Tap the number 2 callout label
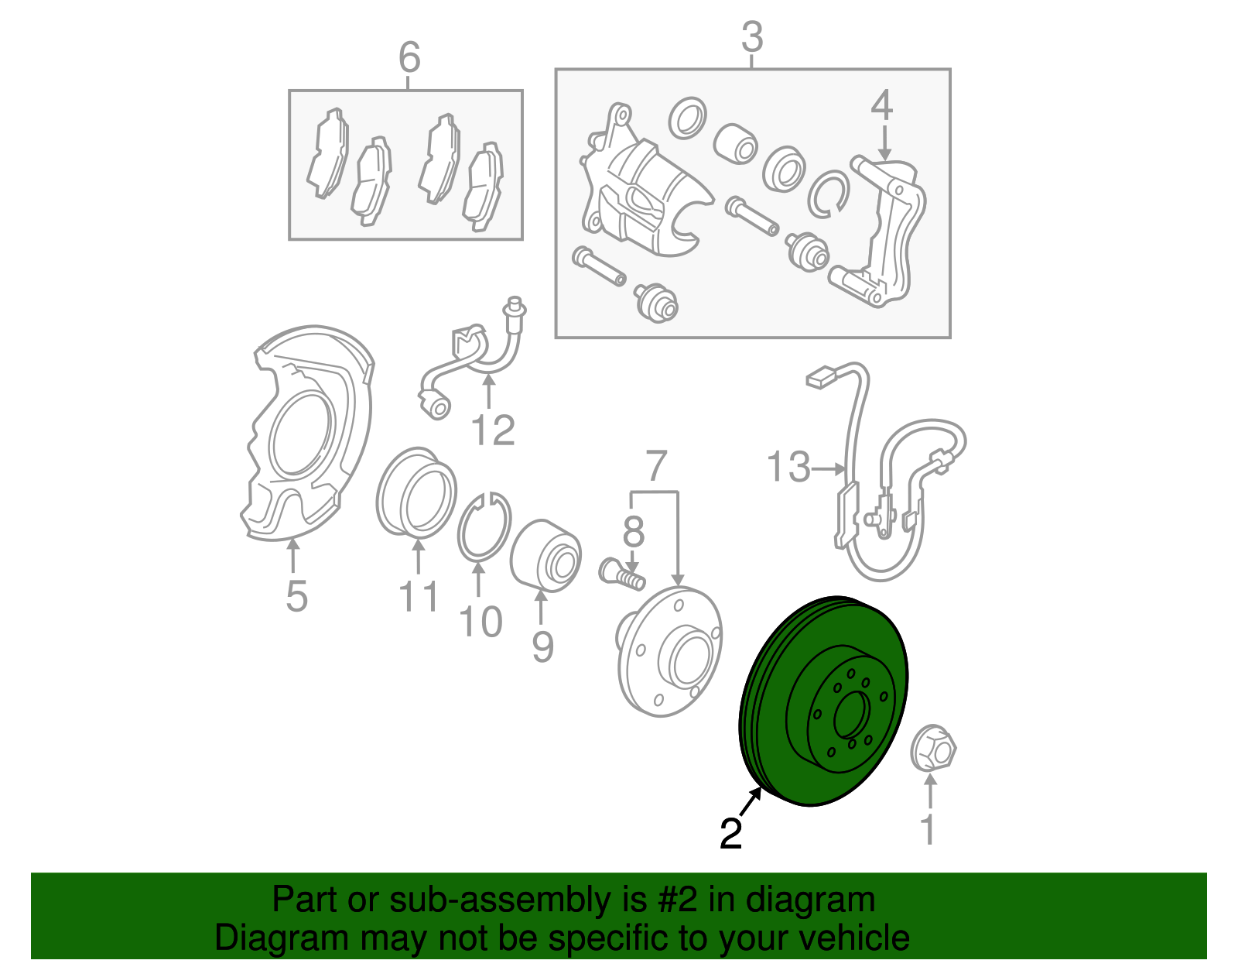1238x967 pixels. click(731, 835)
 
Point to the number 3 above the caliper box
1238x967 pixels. click(752, 37)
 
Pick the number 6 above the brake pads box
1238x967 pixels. click(409, 57)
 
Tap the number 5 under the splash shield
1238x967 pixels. click(297, 596)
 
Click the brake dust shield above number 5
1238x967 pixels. click(306, 433)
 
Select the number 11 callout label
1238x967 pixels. click(419, 596)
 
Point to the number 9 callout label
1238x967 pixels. click(542, 646)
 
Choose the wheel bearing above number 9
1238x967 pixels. click(545, 556)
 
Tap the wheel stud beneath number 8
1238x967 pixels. click(621, 575)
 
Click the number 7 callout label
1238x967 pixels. click(655, 466)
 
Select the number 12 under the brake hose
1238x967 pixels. click(494, 430)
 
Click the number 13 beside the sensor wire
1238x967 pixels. click(788, 467)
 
